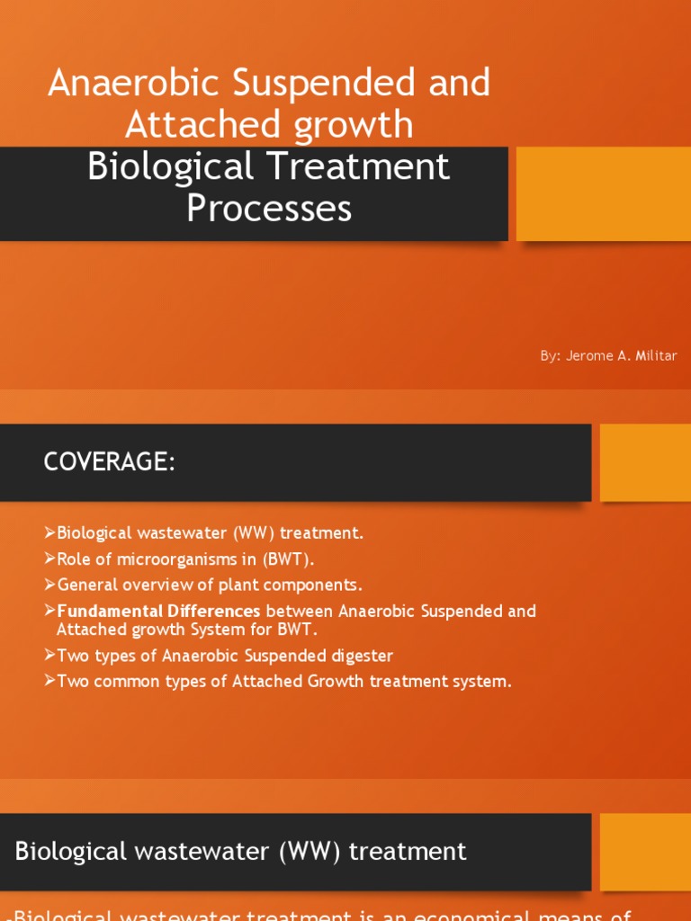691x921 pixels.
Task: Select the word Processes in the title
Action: (269, 209)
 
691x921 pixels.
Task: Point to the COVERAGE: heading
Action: (108, 462)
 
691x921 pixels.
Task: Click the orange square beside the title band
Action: (603, 193)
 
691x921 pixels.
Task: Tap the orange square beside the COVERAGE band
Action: (644, 462)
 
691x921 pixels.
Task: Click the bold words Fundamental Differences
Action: (158, 612)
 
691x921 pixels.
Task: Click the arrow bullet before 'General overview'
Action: (49, 585)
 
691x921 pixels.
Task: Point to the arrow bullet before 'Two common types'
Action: (49, 682)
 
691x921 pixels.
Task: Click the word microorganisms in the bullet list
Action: (148, 558)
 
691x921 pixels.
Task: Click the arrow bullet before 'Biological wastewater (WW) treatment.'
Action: (49, 532)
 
